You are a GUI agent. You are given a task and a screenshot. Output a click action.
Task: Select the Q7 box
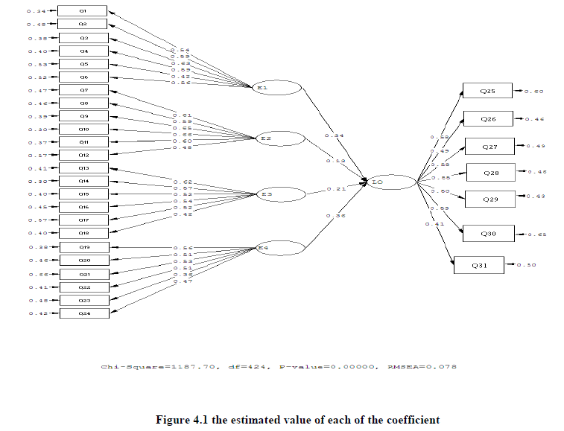coord(83,90)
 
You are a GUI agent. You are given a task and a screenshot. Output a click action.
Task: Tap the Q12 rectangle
coord(83,155)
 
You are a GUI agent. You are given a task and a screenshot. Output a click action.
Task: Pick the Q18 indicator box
coord(83,233)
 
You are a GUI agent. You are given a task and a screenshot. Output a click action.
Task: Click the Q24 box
coord(83,313)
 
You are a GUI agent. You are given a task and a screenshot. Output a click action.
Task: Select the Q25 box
coord(488,91)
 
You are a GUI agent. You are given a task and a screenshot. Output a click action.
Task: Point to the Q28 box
coord(492,173)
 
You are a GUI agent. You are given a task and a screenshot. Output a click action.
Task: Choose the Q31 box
coord(478,264)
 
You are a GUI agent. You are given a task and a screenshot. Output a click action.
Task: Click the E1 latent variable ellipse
coord(278,88)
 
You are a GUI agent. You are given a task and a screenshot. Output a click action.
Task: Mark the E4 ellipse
coord(279,247)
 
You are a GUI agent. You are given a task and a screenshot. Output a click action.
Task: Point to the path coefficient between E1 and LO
coord(334,135)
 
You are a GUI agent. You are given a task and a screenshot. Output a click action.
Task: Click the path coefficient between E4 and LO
coord(334,216)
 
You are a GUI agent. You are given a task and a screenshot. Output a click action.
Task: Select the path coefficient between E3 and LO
coord(337,188)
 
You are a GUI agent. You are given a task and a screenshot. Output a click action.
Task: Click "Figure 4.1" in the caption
coord(183,420)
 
